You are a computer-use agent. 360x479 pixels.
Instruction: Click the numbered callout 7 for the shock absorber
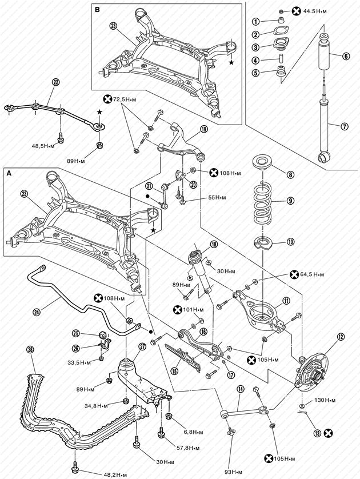click(345, 126)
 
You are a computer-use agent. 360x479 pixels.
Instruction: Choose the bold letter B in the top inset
click(98, 9)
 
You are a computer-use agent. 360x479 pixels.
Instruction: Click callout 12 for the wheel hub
click(341, 337)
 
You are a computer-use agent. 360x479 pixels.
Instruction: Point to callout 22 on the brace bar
click(55, 82)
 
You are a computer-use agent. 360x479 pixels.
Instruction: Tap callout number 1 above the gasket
click(257, 22)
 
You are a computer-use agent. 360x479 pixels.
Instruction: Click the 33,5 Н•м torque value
click(79, 362)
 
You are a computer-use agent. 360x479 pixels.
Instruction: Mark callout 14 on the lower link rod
click(241, 389)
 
